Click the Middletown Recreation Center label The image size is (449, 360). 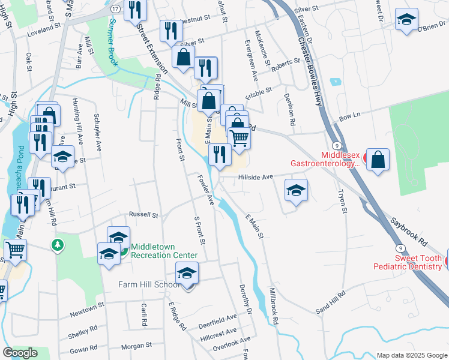[x=160, y=251]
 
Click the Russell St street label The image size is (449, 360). [x=143, y=214]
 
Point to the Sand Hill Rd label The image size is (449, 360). [x=331, y=300]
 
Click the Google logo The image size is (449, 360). [x=20, y=353]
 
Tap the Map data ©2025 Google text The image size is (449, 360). [x=411, y=355]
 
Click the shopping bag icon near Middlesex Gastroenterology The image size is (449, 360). [x=378, y=160]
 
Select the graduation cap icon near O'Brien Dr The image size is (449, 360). [x=406, y=19]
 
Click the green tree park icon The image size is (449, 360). [x=57, y=245]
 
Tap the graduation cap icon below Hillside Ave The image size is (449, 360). [x=296, y=191]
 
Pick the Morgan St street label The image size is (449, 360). [x=136, y=346]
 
